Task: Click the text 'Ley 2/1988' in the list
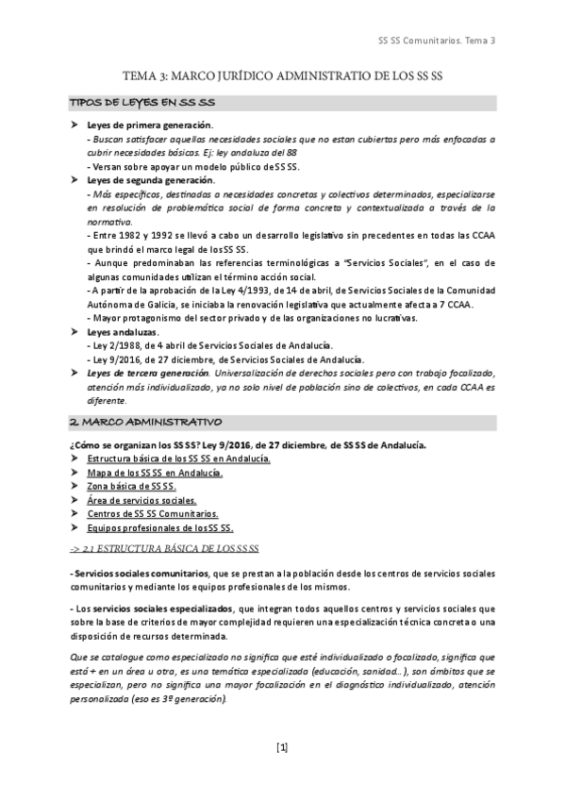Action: (115, 346)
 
